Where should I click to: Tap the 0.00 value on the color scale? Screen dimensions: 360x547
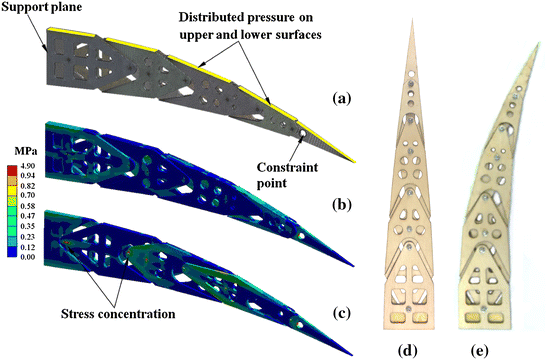point(32,257)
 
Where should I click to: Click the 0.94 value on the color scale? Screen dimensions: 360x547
point(32,178)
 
